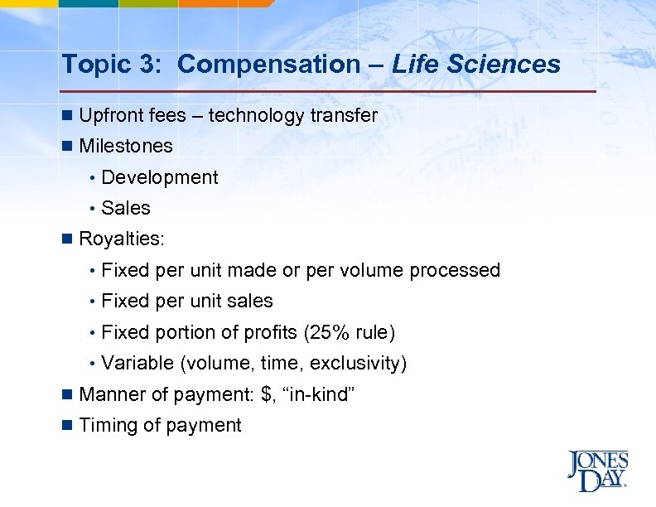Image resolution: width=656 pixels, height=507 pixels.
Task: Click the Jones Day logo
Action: point(597,471)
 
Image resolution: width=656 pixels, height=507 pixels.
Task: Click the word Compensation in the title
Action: point(267,64)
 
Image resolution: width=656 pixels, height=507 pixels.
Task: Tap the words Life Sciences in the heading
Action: point(476,64)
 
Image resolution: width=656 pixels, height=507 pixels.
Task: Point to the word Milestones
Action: point(126,147)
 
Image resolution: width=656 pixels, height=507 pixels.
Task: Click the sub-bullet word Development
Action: point(160,177)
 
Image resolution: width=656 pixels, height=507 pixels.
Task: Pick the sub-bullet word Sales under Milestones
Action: point(126,208)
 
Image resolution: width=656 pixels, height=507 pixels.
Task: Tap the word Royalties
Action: point(121,239)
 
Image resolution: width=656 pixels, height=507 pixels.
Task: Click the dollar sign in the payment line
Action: point(266,394)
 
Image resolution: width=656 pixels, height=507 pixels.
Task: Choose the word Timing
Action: point(106,426)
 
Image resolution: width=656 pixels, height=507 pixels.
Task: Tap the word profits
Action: point(273,333)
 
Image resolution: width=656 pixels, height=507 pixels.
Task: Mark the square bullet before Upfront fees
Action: point(67,116)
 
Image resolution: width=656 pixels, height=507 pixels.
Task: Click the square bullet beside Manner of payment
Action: point(67,394)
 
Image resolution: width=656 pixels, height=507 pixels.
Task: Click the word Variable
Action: point(137,364)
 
